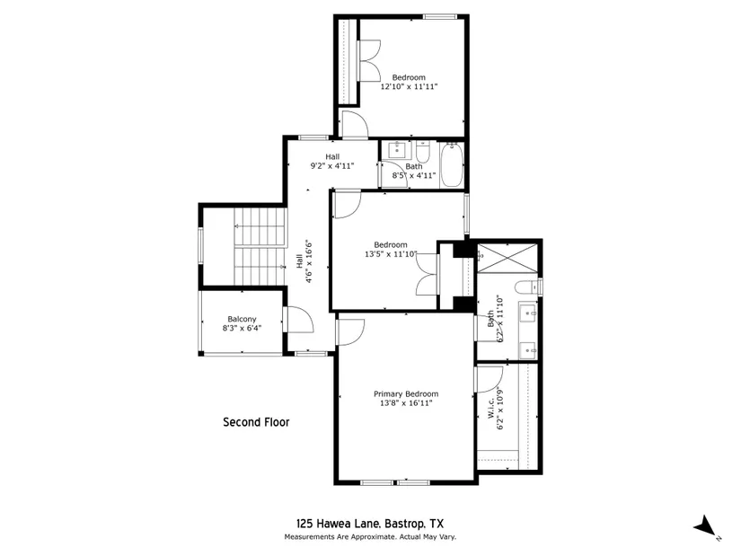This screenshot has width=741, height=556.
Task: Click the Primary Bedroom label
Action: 406,393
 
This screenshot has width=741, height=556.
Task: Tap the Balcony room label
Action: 242,319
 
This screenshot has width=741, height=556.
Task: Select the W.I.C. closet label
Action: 491,408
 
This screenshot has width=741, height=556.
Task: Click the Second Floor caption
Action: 256,422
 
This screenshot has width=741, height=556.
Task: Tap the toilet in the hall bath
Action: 422,151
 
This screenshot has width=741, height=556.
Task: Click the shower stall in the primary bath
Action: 507,258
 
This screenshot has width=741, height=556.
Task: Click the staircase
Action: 260,246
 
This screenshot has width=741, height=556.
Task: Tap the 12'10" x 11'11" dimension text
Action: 409,86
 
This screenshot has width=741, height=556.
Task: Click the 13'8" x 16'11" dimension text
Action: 406,403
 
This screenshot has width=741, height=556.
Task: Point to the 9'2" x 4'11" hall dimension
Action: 332,166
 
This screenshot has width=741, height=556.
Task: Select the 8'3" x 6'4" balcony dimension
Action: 242,328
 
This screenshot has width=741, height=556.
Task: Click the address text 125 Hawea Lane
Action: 339,524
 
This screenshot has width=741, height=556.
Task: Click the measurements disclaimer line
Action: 370,537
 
